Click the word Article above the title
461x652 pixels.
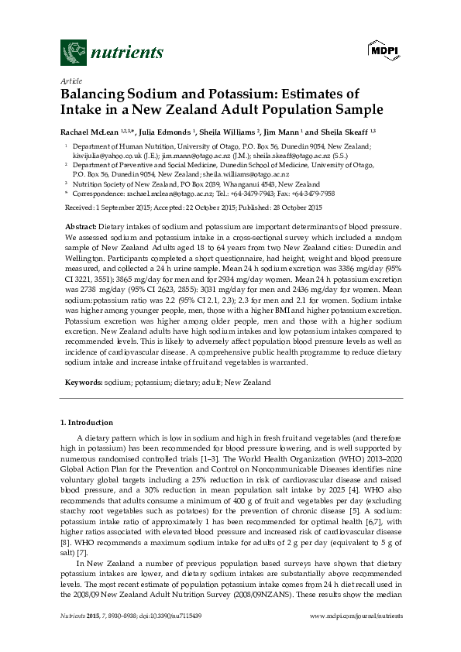coord(70,81)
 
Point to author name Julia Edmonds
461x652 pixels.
coord(164,132)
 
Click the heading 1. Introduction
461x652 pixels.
coord(87,423)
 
